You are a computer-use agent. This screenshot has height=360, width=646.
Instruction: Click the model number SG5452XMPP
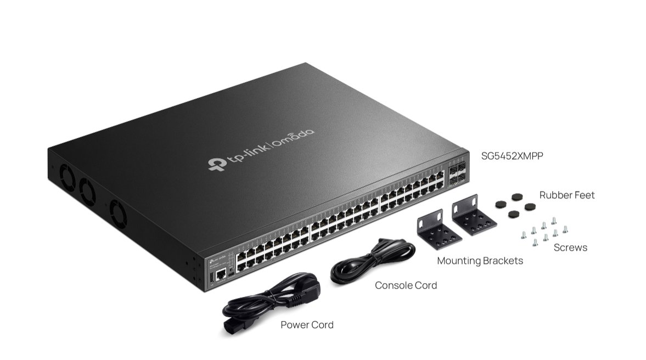[x=512, y=156]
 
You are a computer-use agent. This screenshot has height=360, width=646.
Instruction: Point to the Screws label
[x=570, y=248]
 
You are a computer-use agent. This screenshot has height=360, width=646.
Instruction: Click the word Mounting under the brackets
[x=459, y=261]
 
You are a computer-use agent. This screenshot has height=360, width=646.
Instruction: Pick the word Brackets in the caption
[x=502, y=261]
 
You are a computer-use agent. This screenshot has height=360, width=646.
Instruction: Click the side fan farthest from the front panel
[x=68, y=178]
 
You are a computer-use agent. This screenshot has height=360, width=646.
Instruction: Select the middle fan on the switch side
[x=87, y=191]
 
